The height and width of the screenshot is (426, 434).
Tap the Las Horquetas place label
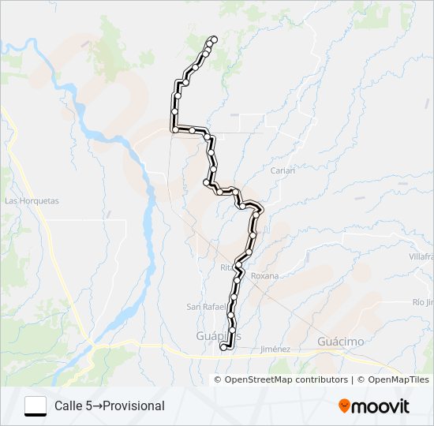click(32, 201)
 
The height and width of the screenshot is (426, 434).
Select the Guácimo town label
click(341, 341)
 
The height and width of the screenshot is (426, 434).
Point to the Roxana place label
click(264, 276)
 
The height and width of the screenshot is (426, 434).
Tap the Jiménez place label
click(275, 349)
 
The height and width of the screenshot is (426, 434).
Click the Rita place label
click(227, 267)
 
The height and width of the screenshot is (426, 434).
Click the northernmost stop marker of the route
click(214, 39)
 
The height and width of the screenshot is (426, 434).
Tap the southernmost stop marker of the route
click(223, 346)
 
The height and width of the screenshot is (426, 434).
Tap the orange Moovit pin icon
click(345, 406)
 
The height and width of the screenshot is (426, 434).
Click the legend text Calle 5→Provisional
click(109, 406)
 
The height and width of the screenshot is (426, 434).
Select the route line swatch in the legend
click(36, 406)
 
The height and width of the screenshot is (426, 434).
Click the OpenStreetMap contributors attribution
click(286, 379)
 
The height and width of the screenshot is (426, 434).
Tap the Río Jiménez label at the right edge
click(423, 302)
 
